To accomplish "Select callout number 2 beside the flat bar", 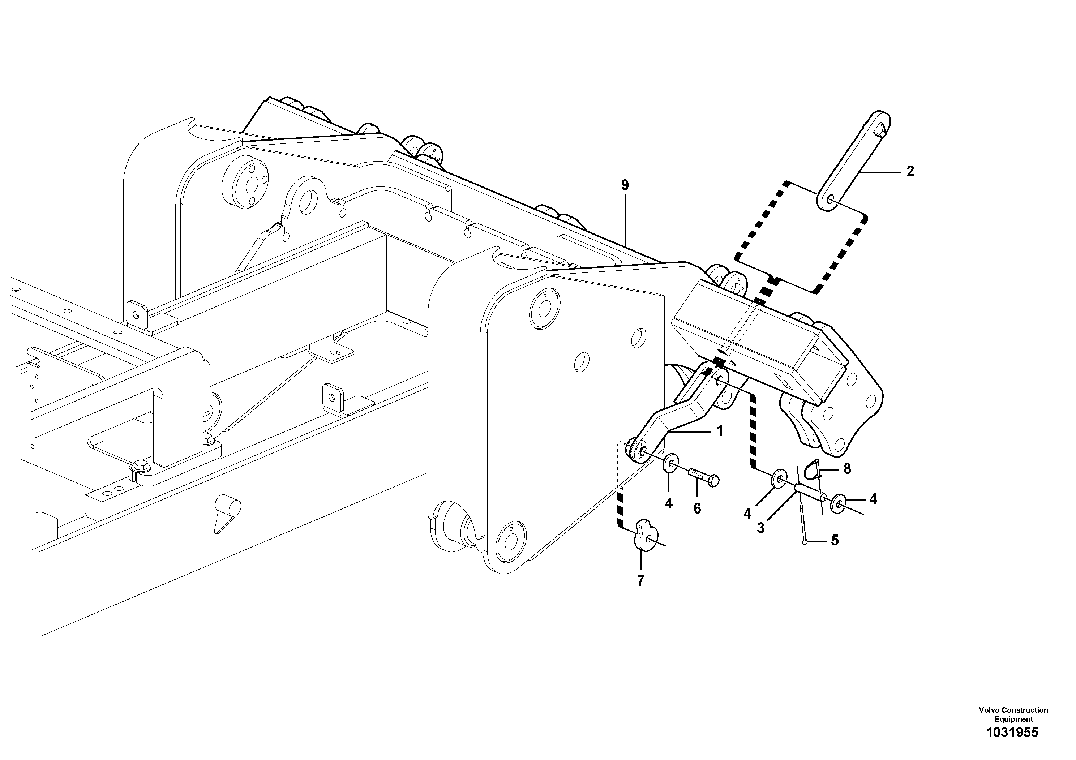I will pos(910,172).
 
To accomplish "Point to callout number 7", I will pos(640,580).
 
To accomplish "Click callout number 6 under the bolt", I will pos(697,508).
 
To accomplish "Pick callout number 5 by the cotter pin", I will pos(834,540).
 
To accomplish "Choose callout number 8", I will pos(847,469).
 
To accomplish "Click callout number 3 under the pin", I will pos(760,528).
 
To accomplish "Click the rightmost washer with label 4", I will pos(839,504).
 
